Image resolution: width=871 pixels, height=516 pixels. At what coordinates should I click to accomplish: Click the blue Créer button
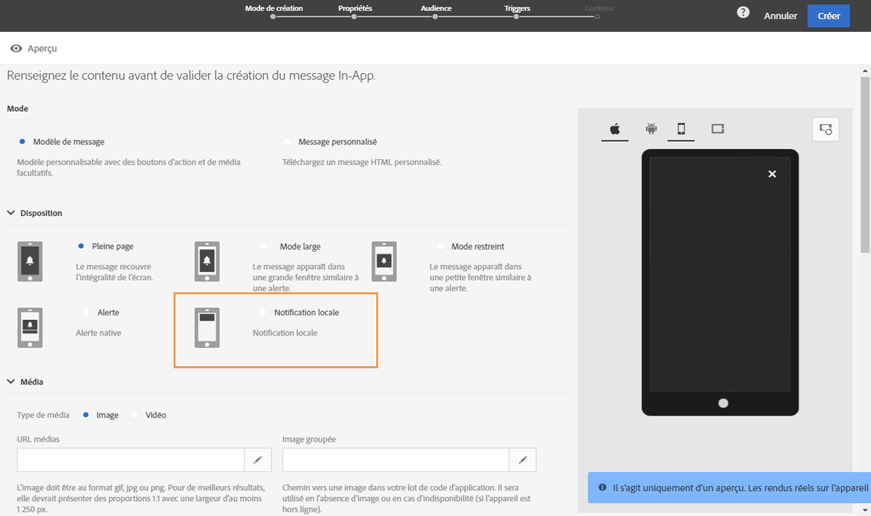coord(828,16)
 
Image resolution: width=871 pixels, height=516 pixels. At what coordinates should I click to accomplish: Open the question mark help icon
coord(743,12)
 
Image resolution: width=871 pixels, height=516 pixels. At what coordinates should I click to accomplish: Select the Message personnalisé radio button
coord(288,142)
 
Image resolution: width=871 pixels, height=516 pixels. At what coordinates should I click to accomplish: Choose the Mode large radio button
coord(263,246)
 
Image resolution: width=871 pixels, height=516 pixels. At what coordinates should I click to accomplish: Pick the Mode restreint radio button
coord(440,246)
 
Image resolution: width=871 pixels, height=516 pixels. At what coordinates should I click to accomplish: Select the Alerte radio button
coord(86,312)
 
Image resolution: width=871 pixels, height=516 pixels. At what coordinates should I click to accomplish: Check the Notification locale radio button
coord(263,312)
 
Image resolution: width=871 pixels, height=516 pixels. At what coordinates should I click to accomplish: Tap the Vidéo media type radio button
coord(134,415)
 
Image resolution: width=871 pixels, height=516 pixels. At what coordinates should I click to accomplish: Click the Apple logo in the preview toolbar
coord(615,129)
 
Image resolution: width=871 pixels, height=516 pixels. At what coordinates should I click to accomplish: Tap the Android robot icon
coord(651,128)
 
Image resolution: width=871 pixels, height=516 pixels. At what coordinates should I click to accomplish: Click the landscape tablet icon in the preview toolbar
coord(718,129)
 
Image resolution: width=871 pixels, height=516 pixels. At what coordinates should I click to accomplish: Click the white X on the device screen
coord(772,174)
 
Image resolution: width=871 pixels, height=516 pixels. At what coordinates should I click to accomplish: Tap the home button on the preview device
coord(723,403)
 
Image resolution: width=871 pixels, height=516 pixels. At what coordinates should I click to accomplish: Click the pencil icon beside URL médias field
coord(258,460)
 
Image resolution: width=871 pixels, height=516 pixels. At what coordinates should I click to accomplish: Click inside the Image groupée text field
coord(396,460)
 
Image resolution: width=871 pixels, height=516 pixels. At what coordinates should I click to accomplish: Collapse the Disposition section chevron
coord(11,213)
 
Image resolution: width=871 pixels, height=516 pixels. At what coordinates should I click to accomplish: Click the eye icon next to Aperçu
coord(16,48)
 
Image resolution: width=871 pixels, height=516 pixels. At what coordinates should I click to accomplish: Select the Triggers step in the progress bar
coord(516,8)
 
